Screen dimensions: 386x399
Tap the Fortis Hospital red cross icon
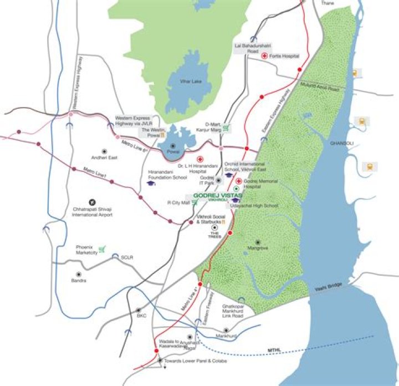(x=265, y=55)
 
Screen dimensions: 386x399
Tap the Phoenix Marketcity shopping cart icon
(x=101, y=248)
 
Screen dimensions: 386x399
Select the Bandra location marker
(x=79, y=274)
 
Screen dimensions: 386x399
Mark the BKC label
(x=141, y=316)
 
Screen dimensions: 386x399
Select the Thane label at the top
(x=328, y=3)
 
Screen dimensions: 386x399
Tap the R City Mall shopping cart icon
(x=195, y=202)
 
